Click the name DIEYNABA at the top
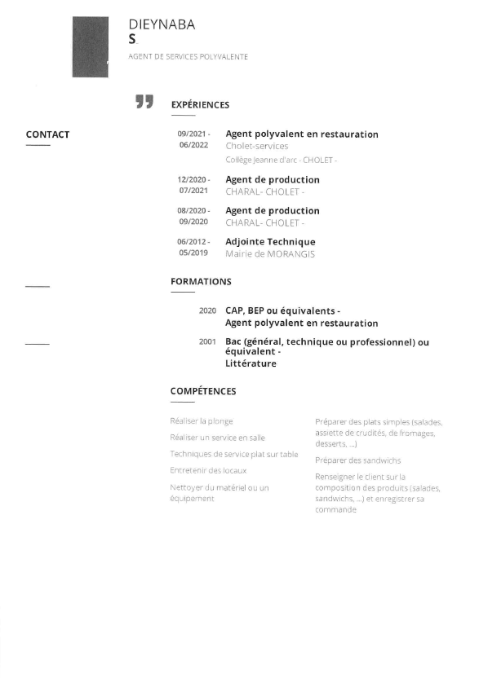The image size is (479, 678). (162, 24)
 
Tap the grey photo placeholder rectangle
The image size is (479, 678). (90, 47)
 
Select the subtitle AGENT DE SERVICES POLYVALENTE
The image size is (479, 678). (188, 57)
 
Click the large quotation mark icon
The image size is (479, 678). (144, 102)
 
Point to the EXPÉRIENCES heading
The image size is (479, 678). (200, 105)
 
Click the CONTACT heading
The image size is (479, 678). (47, 135)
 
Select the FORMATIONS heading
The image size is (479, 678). (201, 282)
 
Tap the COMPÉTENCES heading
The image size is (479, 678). (203, 391)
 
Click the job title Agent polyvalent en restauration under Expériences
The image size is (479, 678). (302, 134)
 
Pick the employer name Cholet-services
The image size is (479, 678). (257, 147)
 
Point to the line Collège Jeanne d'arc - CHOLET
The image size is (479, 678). (281, 161)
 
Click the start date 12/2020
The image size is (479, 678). (193, 179)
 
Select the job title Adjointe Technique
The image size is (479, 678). (270, 242)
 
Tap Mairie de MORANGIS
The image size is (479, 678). (270, 254)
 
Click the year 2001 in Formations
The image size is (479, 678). (207, 341)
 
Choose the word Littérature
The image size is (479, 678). (251, 364)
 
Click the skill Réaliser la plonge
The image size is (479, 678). (202, 421)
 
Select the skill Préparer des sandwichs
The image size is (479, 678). (357, 460)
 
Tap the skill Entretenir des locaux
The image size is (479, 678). (208, 471)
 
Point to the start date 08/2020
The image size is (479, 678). (193, 210)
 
